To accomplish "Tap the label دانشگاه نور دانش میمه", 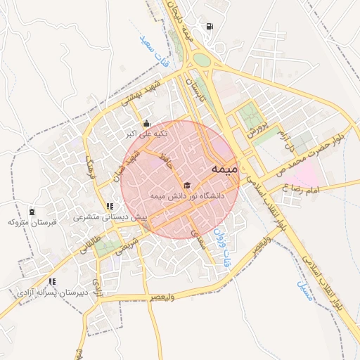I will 187,196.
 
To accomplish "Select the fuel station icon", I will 209,27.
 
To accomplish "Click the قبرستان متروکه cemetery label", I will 31,223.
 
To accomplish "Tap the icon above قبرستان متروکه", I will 30,212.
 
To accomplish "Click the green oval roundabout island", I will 203,60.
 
